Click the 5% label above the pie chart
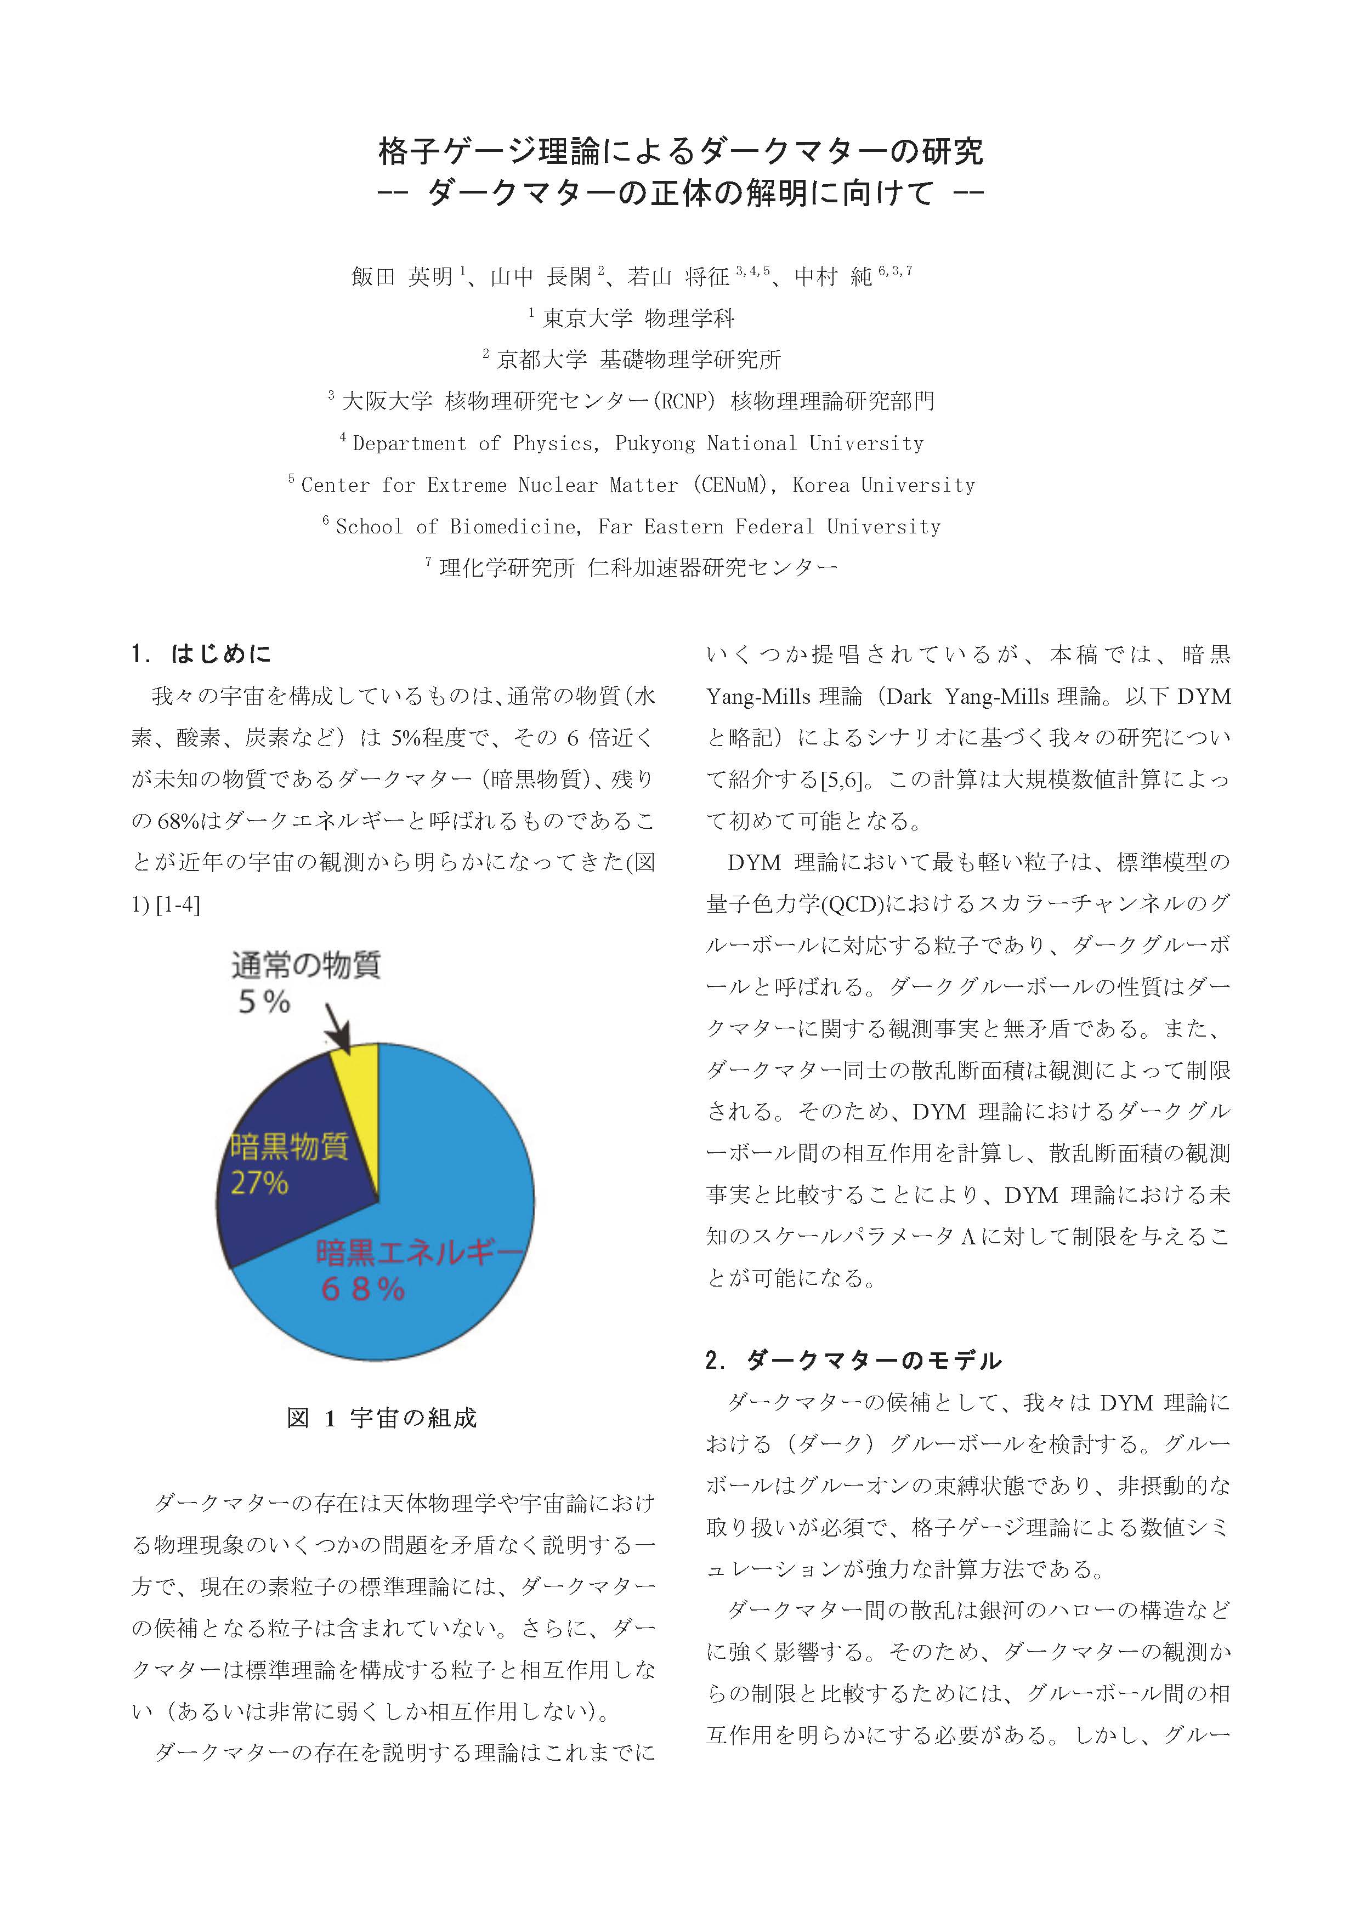(x=264, y=1002)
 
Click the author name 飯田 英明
(x=402, y=276)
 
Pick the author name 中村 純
(x=833, y=276)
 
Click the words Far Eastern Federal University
(x=769, y=527)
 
